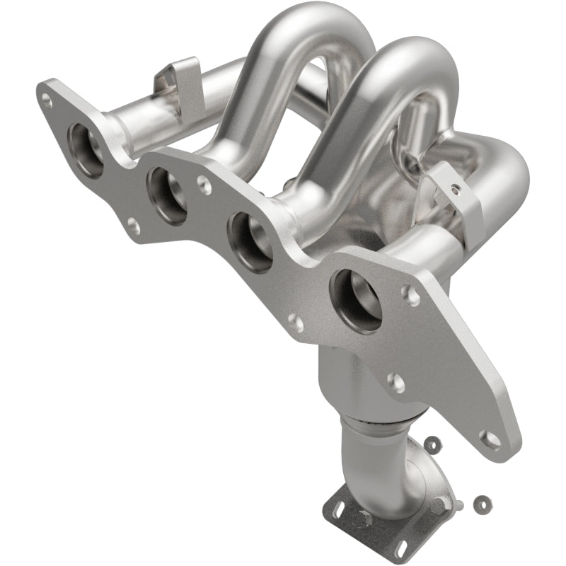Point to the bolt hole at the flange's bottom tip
coord(487,437)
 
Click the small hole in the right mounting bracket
coord(456,190)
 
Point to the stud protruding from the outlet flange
coord(460,503)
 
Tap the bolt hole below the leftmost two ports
coord(132,226)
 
